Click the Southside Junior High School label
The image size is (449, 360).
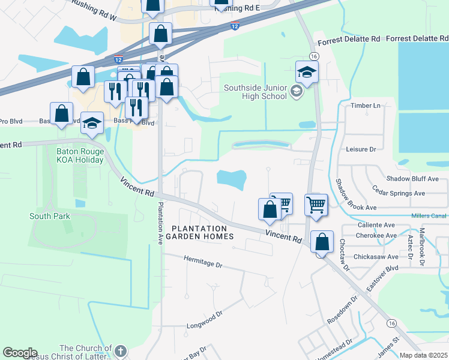click(255, 92)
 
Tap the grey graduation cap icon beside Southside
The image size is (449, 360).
click(295, 91)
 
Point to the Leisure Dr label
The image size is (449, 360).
click(361, 149)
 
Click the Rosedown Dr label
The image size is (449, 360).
click(340, 311)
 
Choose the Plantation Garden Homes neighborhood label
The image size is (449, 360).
click(199, 232)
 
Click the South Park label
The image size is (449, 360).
click(50, 216)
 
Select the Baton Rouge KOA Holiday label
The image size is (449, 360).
click(80, 156)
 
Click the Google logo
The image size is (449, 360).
click(20, 353)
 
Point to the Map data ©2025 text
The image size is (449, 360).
click(423, 355)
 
